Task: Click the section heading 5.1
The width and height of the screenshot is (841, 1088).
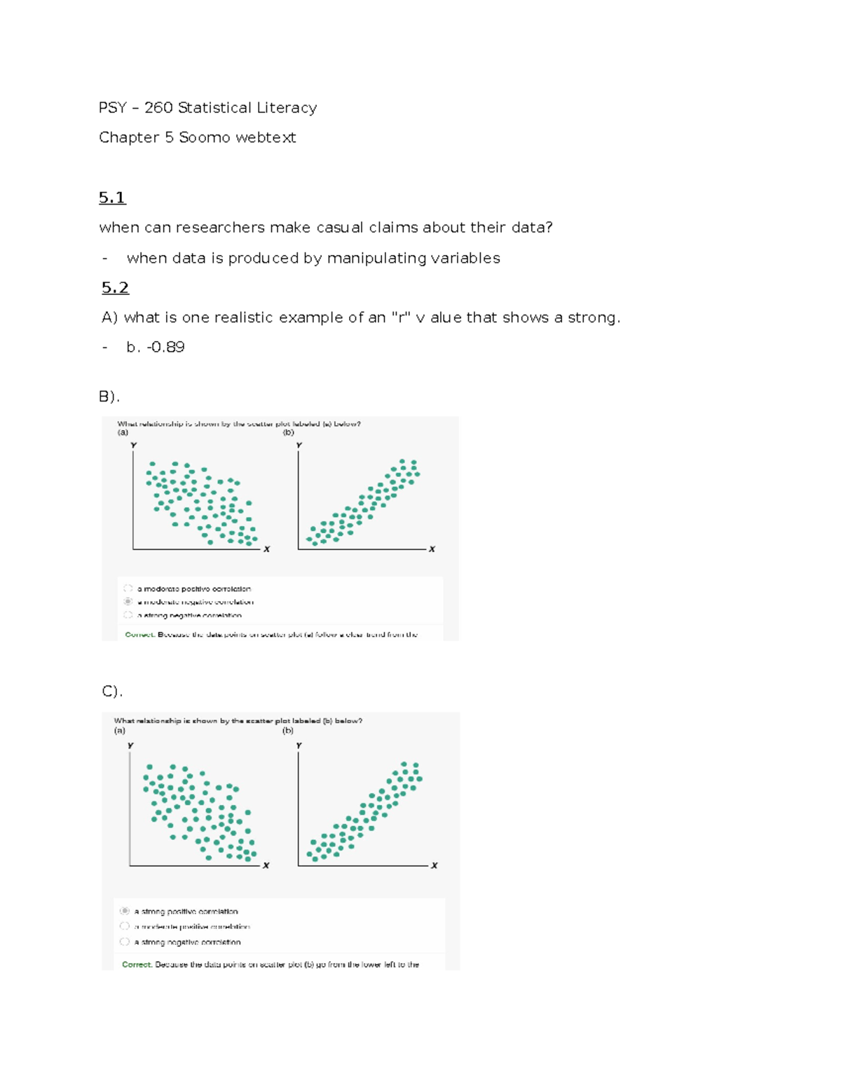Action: (112, 198)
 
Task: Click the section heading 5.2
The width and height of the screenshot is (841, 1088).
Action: (115, 288)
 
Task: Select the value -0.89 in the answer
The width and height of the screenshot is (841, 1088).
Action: (165, 347)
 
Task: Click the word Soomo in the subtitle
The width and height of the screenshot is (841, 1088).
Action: (204, 137)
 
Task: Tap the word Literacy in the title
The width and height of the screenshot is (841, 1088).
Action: (287, 108)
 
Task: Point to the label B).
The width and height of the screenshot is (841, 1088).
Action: (109, 397)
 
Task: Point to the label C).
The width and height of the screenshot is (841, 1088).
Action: (112, 691)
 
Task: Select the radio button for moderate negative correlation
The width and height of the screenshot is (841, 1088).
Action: (128, 602)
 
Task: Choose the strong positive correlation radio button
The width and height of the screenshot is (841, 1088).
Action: (125, 911)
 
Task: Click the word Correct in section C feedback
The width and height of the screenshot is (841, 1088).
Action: (137, 965)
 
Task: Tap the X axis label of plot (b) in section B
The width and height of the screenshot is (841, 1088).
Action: (432, 549)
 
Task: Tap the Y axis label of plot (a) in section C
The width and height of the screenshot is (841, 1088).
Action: (130, 745)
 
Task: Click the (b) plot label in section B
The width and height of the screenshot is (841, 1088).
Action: (288, 432)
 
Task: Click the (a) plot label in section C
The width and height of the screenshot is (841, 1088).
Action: (120, 730)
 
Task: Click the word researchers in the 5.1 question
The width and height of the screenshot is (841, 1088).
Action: (220, 228)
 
